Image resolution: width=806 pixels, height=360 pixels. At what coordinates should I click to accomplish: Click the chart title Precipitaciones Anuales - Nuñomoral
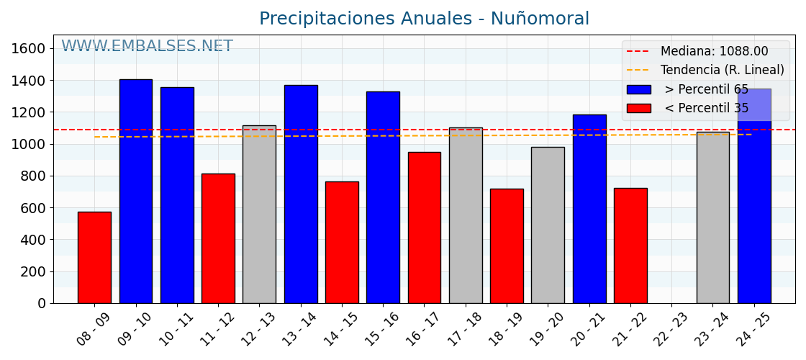point(424,19)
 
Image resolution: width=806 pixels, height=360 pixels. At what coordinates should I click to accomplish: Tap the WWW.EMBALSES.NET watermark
point(147,47)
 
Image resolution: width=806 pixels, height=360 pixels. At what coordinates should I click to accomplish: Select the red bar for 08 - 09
point(94,257)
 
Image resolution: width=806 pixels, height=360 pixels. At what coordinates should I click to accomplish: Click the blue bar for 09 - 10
point(135,191)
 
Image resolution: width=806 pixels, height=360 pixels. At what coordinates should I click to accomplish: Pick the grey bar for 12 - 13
point(259,214)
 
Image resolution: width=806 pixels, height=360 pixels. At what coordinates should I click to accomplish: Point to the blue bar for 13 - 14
point(300,194)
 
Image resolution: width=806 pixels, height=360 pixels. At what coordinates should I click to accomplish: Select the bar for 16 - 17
point(424,228)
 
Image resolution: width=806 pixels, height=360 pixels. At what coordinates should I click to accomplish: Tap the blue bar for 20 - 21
point(589,209)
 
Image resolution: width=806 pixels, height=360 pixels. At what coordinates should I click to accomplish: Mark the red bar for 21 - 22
point(630,246)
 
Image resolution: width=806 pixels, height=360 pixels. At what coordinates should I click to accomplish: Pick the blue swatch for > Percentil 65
point(638,89)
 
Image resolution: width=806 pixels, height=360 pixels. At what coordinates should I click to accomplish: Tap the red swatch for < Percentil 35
point(638,108)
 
